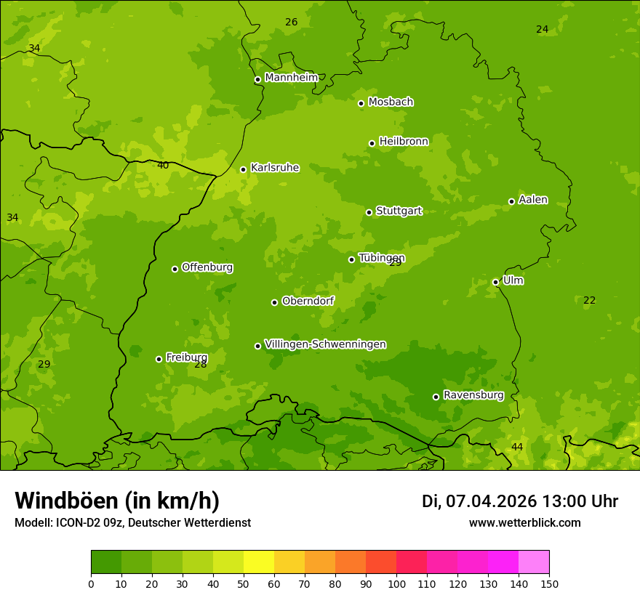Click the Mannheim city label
click(x=292, y=78)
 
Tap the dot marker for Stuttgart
click(x=369, y=212)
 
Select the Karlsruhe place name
click(x=275, y=168)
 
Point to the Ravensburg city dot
click(x=436, y=397)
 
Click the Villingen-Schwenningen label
click(x=325, y=344)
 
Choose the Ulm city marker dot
click(x=496, y=282)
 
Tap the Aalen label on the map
click(x=533, y=200)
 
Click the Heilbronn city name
click(x=404, y=142)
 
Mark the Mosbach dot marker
click(x=361, y=103)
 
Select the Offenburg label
click(x=207, y=267)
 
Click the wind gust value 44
click(x=517, y=447)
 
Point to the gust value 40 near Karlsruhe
click(x=163, y=166)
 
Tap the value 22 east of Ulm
click(x=589, y=301)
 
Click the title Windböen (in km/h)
click(x=117, y=501)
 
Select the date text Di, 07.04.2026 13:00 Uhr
click(x=520, y=501)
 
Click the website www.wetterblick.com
click(x=524, y=523)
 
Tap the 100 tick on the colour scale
click(x=396, y=584)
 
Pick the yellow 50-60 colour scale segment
click(x=259, y=562)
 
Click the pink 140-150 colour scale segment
click(x=534, y=562)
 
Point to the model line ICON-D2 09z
click(x=132, y=523)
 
